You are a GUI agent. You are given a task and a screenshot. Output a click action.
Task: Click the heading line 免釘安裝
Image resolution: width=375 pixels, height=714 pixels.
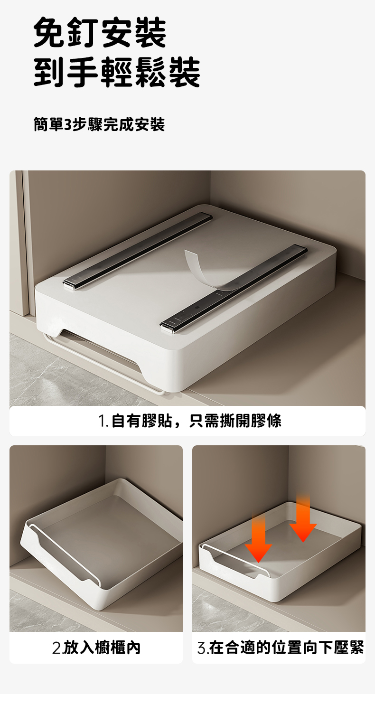[x=100, y=33]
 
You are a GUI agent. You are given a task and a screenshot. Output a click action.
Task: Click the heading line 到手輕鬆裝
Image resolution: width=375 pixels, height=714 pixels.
[x=117, y=72]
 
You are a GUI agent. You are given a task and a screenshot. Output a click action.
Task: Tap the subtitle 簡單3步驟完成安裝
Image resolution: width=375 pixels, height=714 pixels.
[x=99, y=124]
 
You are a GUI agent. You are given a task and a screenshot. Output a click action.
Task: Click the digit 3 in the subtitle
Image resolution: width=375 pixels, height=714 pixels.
[x=68, y=125]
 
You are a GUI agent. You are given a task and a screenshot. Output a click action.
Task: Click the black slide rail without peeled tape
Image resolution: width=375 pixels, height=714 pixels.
[x=138, y=252]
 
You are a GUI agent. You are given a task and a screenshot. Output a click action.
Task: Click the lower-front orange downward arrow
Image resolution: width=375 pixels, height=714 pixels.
[x=258, y=538]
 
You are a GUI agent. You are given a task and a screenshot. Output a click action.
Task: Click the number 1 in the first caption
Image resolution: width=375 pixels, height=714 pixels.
[x=102, y=422]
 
